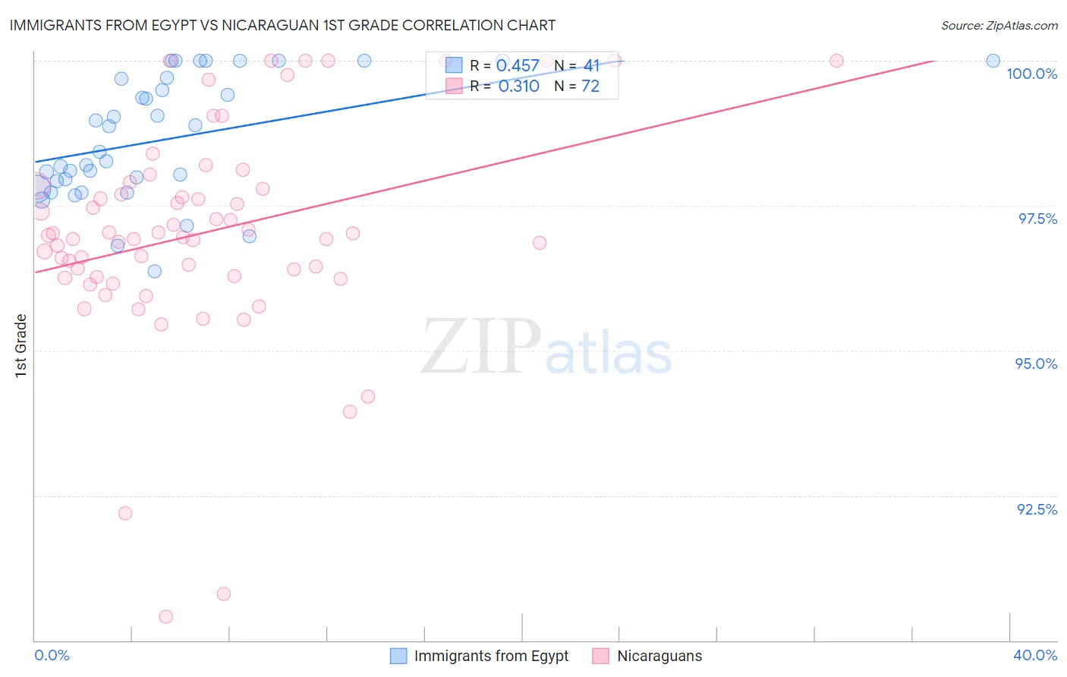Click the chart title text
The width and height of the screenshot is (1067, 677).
tap(282, 25)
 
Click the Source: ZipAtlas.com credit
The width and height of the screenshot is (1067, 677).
tap(999, 25)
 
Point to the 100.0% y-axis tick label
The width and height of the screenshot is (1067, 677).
tap(1031, 74)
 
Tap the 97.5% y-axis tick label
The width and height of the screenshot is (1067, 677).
tap(1037, 219)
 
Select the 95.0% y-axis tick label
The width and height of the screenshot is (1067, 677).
tap(1036, 364)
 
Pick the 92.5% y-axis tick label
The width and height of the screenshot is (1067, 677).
tap(1037, 509)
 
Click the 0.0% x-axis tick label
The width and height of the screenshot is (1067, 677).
tap(52, 655)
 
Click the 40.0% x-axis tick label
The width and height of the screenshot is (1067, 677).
tap(1035, 655)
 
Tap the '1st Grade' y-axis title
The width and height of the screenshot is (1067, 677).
tap(21, 345)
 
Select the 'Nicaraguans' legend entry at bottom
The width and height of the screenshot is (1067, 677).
tap(659, 656)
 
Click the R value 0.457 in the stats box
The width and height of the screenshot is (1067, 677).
tap(518, 66)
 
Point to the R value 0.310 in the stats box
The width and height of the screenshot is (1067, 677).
tap(518, 87)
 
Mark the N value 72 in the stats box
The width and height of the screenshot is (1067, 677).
tap(590, 87)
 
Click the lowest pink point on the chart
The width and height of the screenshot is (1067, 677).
tap(166, 616)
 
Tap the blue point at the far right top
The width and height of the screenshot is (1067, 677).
tap(993, 61)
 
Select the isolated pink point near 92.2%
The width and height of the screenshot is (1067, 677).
tap(125, 513)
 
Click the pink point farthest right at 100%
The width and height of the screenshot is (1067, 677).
tap(836, 61)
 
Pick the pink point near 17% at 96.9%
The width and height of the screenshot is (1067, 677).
tap(540, 243)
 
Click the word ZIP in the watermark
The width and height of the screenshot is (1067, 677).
tap(481, 347)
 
